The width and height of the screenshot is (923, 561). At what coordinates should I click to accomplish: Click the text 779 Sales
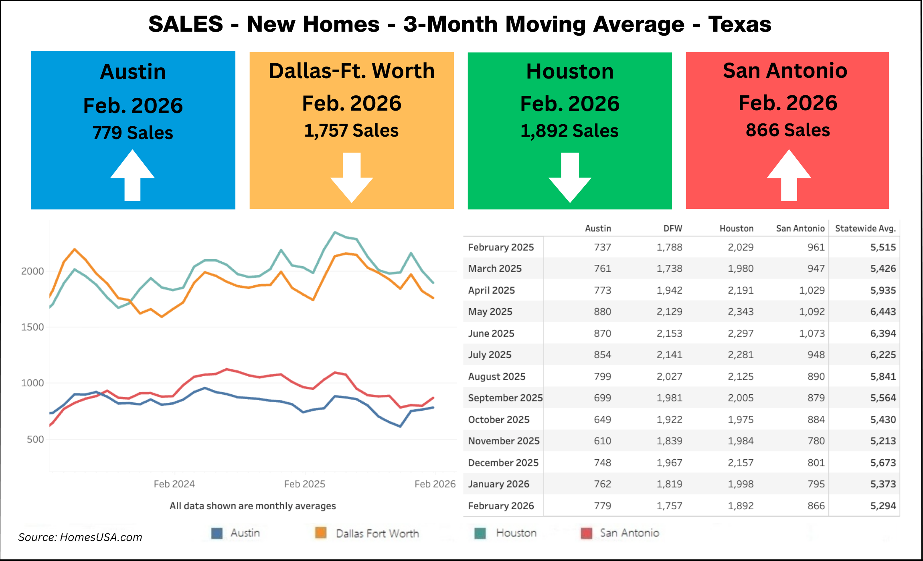tap(133, 133)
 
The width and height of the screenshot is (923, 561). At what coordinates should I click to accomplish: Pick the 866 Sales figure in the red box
tap(787, 130)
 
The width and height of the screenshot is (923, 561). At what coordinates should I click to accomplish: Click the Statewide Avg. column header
tap(865, 228)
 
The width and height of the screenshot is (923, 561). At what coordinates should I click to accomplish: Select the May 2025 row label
tap(490, 312)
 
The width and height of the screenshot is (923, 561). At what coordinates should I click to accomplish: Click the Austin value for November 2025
tap(602, 441)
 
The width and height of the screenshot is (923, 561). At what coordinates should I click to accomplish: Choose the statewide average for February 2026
tap(883, 506)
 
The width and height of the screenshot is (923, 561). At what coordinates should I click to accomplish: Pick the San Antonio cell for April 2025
tap(812, 290)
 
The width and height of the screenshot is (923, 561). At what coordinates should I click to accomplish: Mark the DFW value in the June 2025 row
tap(669, 333)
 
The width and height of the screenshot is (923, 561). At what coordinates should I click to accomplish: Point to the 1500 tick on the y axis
tap(32, 327)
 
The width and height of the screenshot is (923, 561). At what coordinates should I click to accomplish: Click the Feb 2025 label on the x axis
tap(304, 484)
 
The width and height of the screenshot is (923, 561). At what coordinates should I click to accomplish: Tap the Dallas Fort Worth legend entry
tap(377, 533)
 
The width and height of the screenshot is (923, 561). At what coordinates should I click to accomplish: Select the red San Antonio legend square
tap(586, 533)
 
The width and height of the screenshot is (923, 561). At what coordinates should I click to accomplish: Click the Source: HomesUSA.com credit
tap(80, 537)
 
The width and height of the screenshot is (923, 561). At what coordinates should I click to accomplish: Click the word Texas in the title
tap(739, 24)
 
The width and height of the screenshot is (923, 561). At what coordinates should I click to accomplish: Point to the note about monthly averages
tap(253, 506)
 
